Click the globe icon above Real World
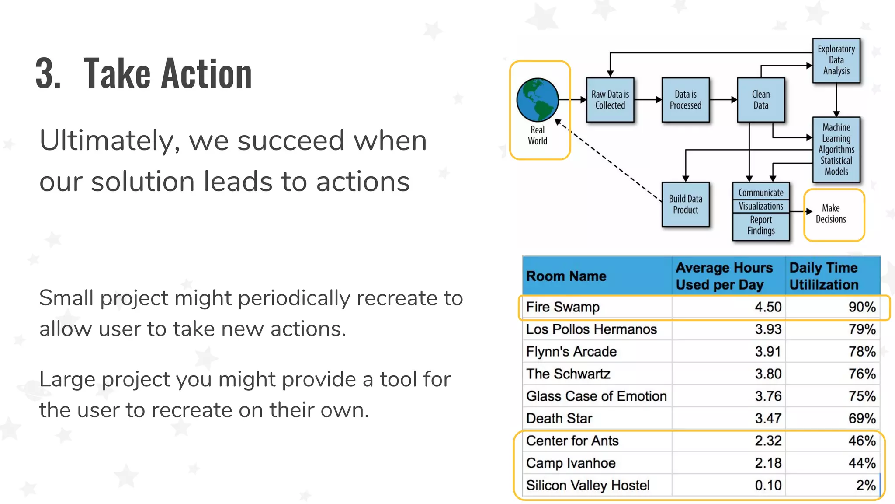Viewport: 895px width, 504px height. click(x=537, y=100)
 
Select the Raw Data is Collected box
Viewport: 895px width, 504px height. click(x=610, y=100)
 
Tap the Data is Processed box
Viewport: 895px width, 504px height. click(x=685, y=100)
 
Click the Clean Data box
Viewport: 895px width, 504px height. click(x=760, y=100)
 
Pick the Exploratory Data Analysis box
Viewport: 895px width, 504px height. click(x=836, y=60)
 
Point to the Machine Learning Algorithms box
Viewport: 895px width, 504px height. click(x=836, y=149)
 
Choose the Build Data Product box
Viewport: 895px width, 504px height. click(x=685, y=204)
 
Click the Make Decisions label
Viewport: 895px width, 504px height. click(x=831, y=213)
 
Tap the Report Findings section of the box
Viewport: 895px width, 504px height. click(x=761, y=225)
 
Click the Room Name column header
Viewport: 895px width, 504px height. click(x=566, y=276)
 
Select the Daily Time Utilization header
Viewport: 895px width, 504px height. click(x=824, y=276)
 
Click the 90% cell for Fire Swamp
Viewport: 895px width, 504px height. click(x=862, y=307)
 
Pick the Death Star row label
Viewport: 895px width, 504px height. click(x=559, y=419)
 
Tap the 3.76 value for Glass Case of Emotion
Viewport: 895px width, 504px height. click(x=768, y=396)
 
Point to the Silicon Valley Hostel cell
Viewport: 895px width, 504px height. click(x=588, y=486)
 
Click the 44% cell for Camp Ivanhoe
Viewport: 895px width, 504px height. click(x=862, y=463)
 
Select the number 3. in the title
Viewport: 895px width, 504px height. click(x=48, y=73)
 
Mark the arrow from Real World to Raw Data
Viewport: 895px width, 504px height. click(x=573, y=100)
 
